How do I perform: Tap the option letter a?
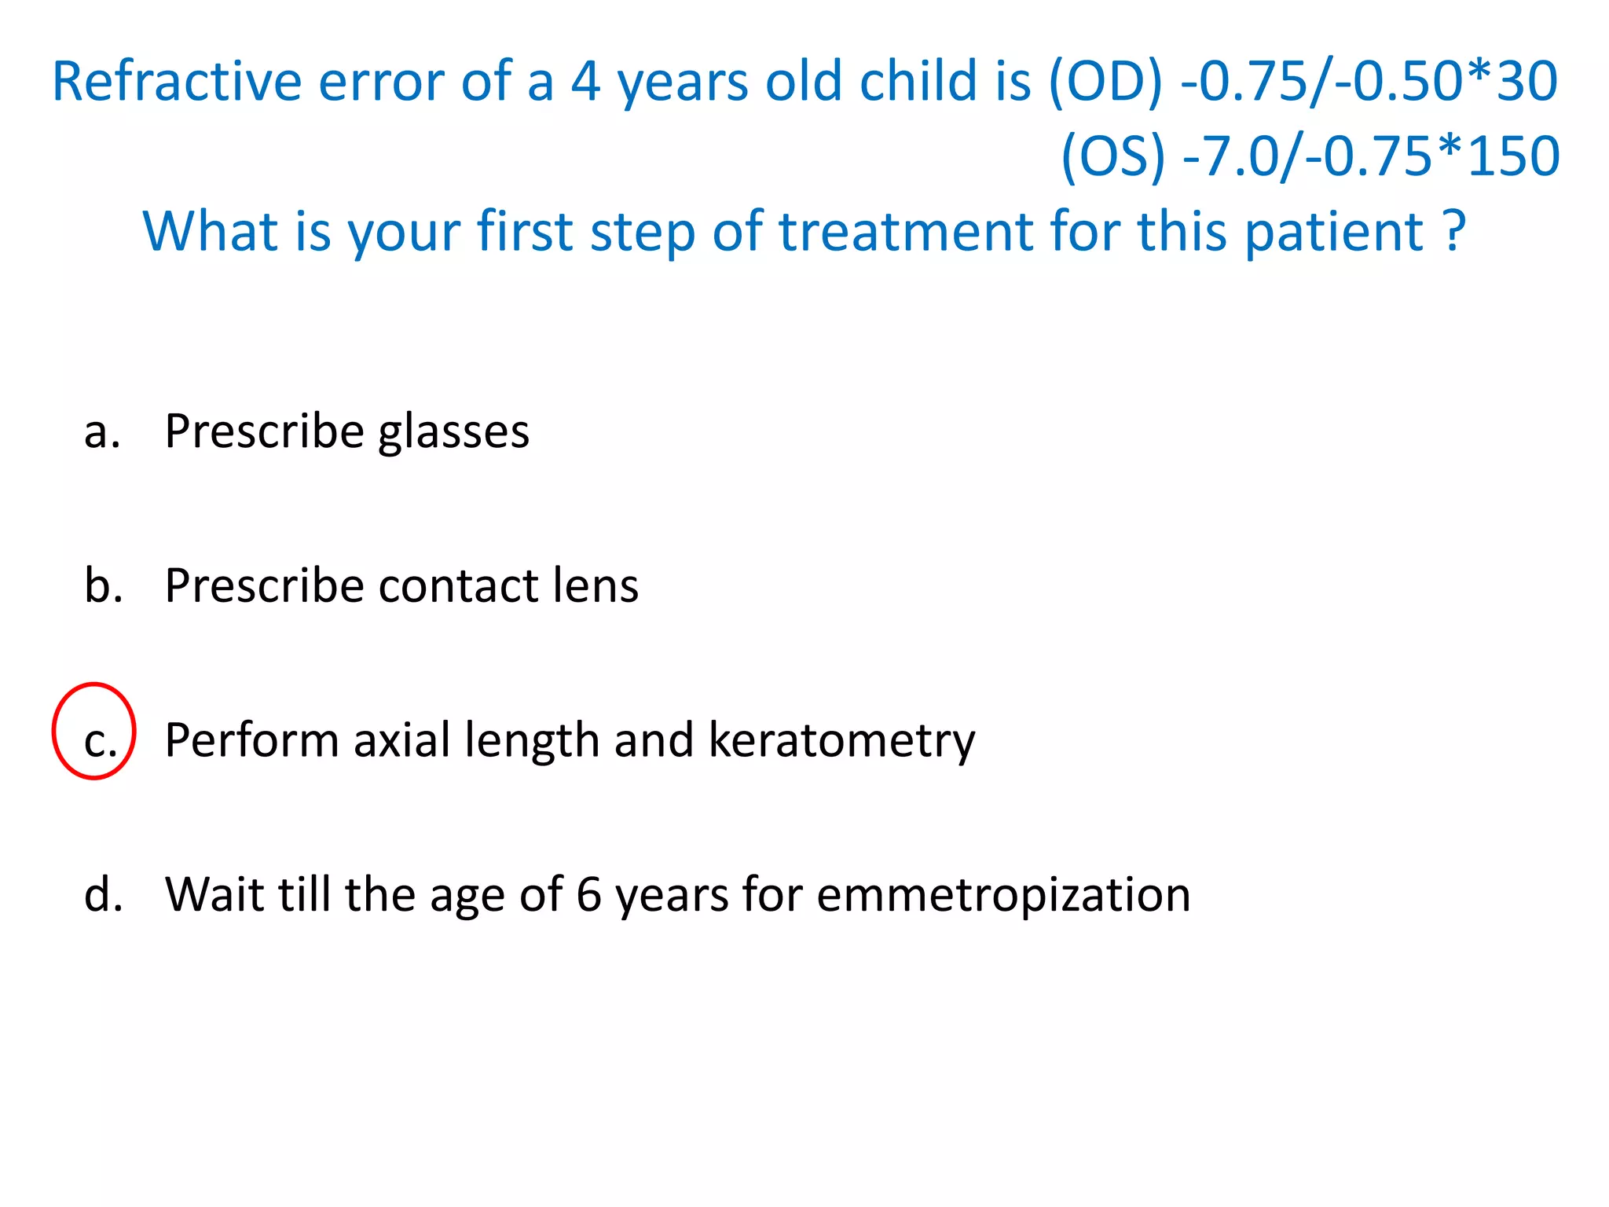tap(101, 432)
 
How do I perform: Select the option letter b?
tap(103, 586)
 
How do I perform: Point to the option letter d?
tap(103, 895)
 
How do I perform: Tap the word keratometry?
tap(841, 741)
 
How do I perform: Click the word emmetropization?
tap(1003, 896)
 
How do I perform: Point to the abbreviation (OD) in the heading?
tap(1105, 82)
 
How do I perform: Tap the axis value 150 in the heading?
tap(1513, 156)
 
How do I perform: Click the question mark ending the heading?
tap(1454, 231)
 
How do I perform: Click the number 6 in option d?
tap(588, 895)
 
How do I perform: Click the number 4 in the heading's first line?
tap(585, 82)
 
